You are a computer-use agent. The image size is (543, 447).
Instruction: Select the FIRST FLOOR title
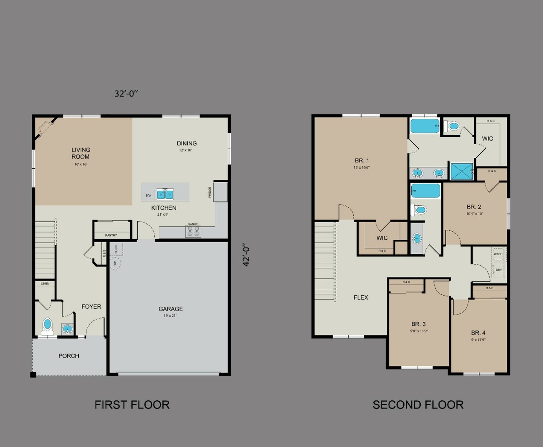pos(132,404)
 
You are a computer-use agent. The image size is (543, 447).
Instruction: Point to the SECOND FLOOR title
pos(418,404)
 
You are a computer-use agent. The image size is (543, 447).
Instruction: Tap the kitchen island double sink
pos(165,194)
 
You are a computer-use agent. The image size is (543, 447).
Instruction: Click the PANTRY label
pos(111,235)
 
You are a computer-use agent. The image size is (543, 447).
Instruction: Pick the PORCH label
pos(69,356)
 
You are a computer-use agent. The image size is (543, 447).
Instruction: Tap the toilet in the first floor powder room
pos(48,326)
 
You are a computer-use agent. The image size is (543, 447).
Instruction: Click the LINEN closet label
pos(45,284)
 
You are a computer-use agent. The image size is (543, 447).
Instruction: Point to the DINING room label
pos(186,143)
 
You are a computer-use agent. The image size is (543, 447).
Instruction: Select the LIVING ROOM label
pos(81,153)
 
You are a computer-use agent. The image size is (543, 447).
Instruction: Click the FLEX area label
pos(361,297)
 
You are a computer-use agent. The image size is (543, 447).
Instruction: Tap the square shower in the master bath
pos(462,171)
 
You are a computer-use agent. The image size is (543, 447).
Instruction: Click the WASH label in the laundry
pos(498,254)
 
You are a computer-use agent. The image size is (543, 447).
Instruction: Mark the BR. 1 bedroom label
pos(362,160)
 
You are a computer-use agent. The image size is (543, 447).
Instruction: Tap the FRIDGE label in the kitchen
pos(210,192)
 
